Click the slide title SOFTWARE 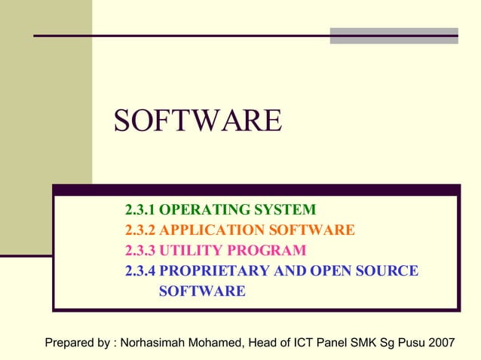198,121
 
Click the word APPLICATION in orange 201,230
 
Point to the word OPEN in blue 316,271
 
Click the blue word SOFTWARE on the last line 202,291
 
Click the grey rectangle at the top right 394,35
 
